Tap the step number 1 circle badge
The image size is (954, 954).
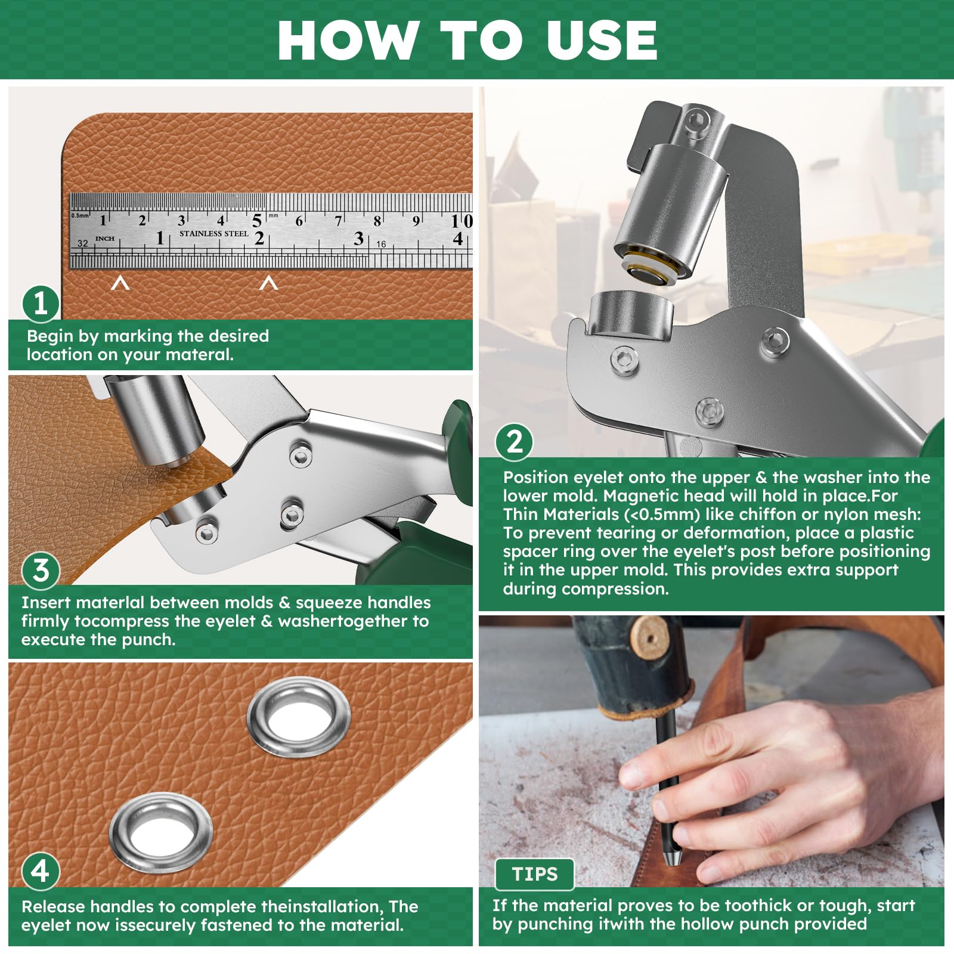coord(41,303)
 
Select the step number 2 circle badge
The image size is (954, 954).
coord(514,442)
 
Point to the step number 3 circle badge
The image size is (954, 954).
coord(41,571)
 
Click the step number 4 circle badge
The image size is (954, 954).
coord(41,872)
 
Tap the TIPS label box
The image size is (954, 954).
coord(535,874)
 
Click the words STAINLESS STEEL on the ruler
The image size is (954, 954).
coord(214,234)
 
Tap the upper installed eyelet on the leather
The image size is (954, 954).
coord(298,717)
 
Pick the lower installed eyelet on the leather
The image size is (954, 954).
coord(161,831)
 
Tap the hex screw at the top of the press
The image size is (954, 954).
coord(696,119)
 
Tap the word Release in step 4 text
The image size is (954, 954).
coord(54,906)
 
